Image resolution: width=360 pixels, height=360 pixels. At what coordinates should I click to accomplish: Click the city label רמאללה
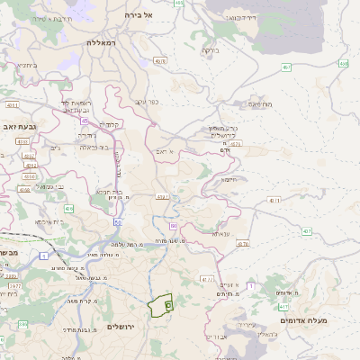click(x=103, y=42)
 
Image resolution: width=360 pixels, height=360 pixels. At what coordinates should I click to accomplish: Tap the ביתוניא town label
click(x=28, y=65)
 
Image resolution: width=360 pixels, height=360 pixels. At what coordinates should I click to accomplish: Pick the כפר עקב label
click(x=147, y=102)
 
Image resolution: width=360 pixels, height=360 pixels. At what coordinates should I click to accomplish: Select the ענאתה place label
click(x=221, y=233)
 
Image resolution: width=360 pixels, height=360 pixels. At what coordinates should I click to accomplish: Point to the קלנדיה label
click(x=111, y=124)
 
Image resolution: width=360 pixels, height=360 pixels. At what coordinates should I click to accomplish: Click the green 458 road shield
click(x=343, y=64)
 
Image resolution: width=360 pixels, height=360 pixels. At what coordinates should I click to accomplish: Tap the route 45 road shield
click(x=84, y=120)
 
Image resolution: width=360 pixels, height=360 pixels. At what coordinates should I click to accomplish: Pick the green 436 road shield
click(x=68, y=209)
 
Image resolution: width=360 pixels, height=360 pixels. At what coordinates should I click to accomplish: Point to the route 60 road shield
click(x=173, y=226)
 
